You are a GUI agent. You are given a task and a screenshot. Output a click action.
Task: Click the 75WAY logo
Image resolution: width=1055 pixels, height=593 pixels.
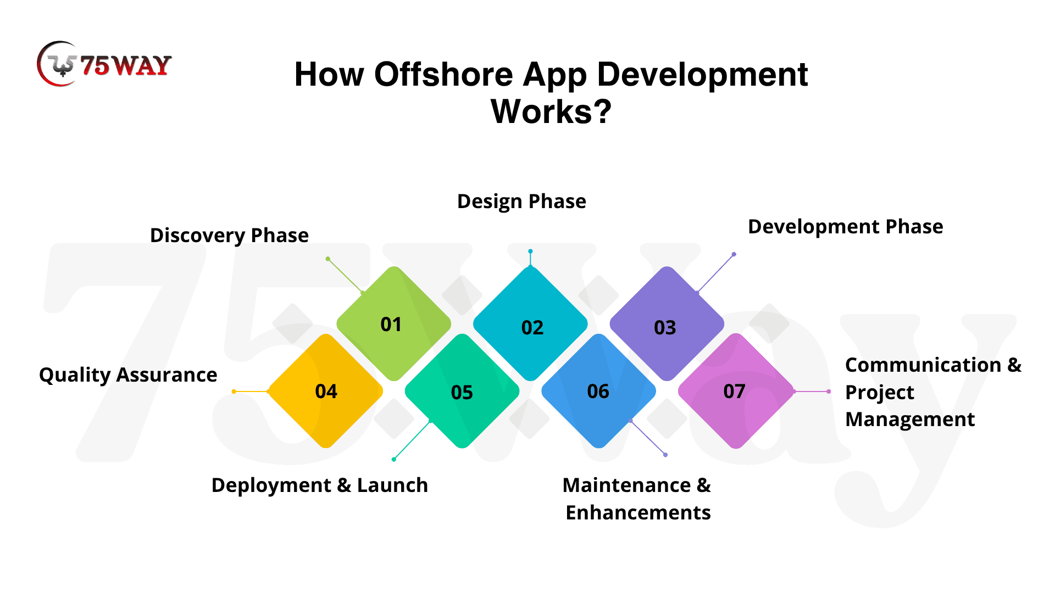click(x=104, y=64)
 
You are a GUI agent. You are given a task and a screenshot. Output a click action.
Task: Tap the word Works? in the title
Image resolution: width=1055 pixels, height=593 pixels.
click(x=551, y=111)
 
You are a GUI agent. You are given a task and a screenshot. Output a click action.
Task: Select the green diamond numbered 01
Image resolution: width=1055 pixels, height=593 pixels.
click(x=393, y=324)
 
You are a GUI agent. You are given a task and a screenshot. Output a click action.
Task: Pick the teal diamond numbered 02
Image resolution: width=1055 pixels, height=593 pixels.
click(x=530, y=324)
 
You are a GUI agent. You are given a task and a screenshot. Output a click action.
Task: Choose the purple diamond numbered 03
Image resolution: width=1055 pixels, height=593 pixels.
click(x=667, y=324)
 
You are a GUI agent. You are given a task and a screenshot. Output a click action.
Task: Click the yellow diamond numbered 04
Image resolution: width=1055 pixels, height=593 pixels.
click(x=325, y=391)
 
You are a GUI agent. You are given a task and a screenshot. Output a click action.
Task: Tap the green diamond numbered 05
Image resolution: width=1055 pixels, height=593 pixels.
click(x=462, y=391)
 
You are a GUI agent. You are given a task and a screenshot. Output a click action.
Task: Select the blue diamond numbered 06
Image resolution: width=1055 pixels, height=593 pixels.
click(x=598, y=391)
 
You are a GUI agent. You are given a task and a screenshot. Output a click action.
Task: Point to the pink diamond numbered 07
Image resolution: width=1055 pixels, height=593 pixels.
click(x=735, y=391)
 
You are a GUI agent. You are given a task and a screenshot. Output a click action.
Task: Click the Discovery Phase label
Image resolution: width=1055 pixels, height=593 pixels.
click(x=229, y=236)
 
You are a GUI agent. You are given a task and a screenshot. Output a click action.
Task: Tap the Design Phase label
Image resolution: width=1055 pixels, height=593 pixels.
click(x=521, y=202)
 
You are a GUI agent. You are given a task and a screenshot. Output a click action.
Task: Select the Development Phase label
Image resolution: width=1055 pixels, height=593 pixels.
click(x=846, y=227)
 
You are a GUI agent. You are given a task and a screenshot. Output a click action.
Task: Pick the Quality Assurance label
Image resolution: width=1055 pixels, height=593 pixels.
click(x=128, y=375)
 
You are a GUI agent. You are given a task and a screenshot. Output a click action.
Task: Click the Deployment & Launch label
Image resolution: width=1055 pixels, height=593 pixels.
click(x=320, y=485)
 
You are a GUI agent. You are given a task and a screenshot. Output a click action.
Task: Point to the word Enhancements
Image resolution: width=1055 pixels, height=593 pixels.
click(x=638, y=512)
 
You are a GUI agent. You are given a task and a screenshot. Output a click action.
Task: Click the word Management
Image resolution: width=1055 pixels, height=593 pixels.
click(x=910, y=419)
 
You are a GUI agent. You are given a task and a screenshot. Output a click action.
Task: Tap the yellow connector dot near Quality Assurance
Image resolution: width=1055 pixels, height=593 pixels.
click(x=234, y=391)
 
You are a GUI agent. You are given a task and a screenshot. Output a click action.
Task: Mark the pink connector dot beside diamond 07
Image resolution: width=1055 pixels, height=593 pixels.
click(x=829, y=391)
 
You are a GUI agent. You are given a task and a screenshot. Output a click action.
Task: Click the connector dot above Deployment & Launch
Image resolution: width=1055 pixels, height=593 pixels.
click(x=394, y=459)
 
